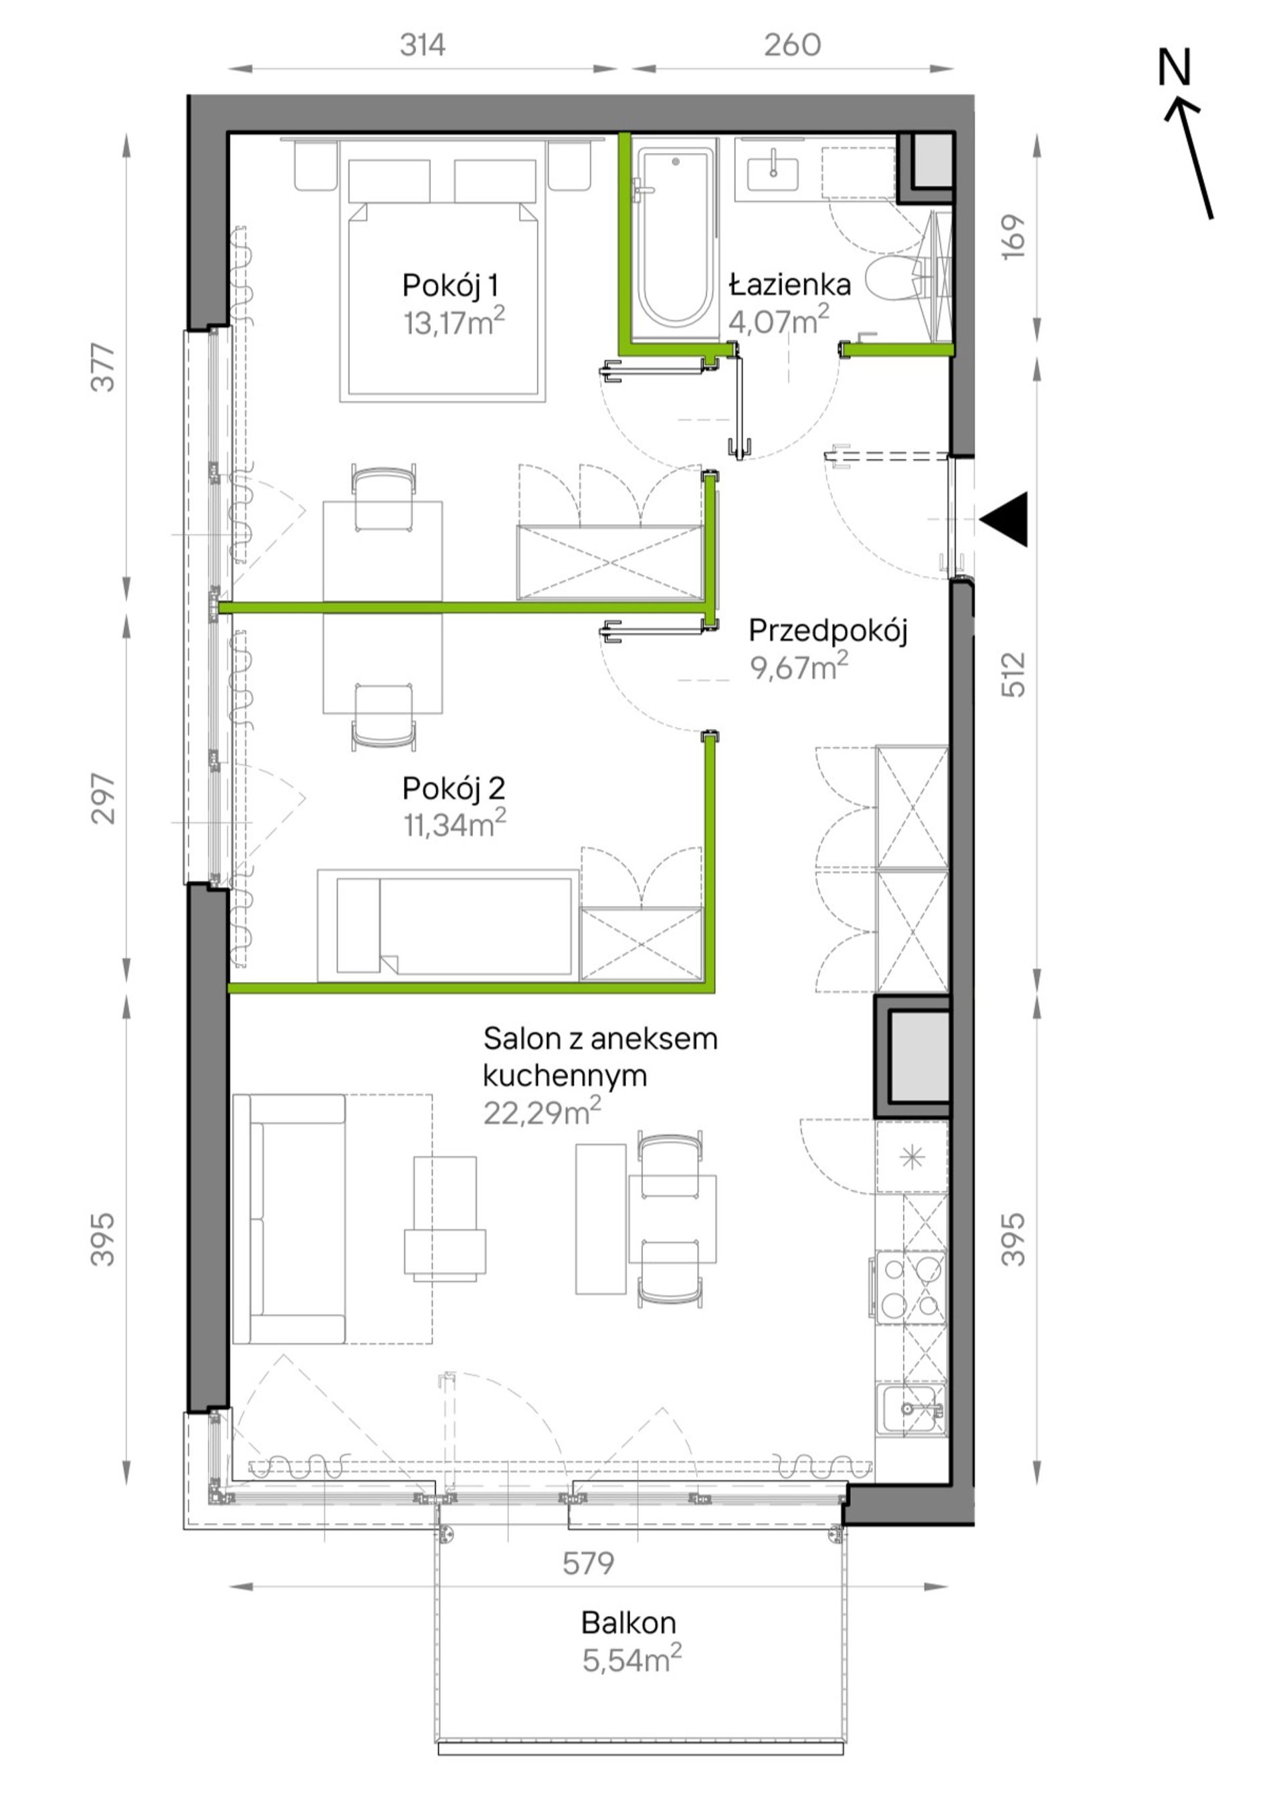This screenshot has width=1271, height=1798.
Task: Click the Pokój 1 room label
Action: point(450,285)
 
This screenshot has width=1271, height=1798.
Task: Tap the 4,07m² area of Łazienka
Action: point(779,321)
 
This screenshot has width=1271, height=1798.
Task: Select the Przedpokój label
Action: point(827,630)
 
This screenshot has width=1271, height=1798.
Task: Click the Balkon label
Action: point(628,1623)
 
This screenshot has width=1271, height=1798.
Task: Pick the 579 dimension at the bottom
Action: point(588,1564)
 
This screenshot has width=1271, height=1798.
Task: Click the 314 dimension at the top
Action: point(423,45)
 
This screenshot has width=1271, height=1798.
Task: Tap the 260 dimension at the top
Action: point(793,45)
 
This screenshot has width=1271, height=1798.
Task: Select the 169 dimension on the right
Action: point(1013,237)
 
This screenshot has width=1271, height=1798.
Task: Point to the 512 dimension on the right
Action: point(1013,675)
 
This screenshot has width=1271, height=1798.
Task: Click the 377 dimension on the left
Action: point(104,368)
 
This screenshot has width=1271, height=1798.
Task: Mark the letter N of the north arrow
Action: point(1174,68)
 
